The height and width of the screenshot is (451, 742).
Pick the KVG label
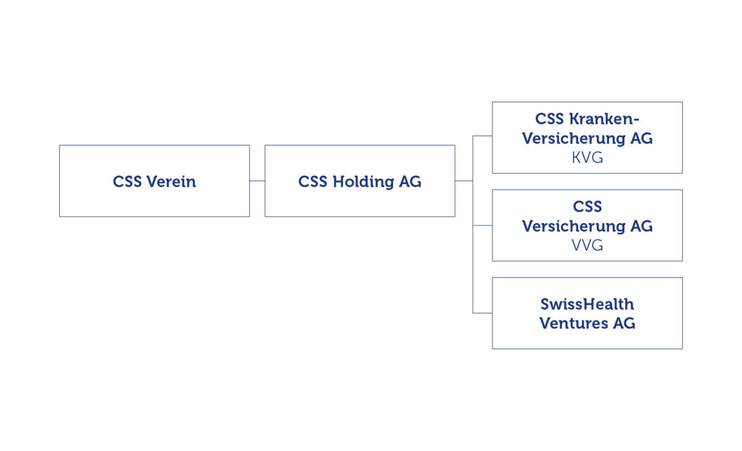[x=587, y=158]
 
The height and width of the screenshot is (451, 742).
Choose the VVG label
[x=587, y=246]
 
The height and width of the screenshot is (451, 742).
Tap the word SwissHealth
[x=587, y=304]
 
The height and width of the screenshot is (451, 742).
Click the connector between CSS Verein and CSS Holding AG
[x=257, y=181]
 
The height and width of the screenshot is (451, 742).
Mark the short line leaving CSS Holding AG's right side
[x=464, y=181]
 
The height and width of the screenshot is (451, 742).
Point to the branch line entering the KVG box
[x=482, y=136]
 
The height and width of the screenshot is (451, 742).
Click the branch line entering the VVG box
[x=482, y=225]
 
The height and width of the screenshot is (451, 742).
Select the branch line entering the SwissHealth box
[x=482, y=313]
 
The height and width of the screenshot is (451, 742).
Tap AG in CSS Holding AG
[x=410, y=182]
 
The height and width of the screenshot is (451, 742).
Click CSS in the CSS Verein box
[x=127, y=182]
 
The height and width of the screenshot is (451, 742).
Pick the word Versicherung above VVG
[x=573, y=226]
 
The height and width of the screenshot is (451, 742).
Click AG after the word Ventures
[x=624, y=323]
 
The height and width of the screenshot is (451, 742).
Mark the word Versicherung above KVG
[x=573, y=138]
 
